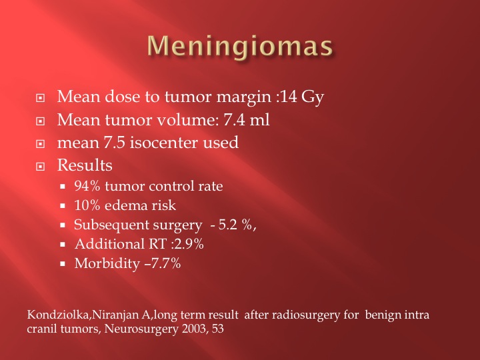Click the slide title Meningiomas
point(240,46)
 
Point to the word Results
point(85,165)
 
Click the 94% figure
point(87,186)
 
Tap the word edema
point(125,205)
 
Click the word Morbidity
point(107,264)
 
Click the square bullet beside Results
point(40,167)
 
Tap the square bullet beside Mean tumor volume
point(40,121)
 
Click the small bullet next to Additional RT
point(63,245)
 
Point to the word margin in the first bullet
point(244,97)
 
